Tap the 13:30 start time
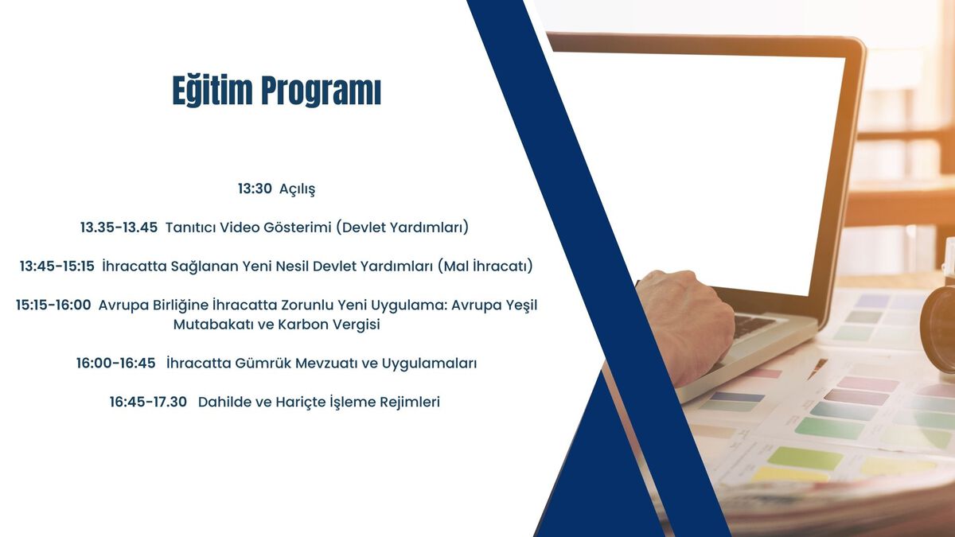[x=255, y=189]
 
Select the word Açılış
[x=297, y=189]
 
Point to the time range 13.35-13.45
[x=119, y=228]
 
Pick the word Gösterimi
[x=297, y=228]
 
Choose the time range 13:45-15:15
[x=57, y=267]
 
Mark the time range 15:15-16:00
[x=53, y=305]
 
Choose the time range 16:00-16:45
[x=116, y=363]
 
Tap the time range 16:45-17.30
[x=148, y=402]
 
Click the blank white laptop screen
[x=700, y=170]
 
